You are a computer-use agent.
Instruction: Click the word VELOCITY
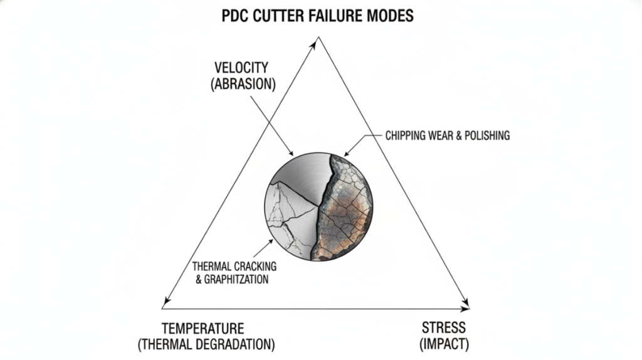241,68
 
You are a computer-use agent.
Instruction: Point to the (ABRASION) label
243,84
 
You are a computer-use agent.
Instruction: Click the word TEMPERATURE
203,329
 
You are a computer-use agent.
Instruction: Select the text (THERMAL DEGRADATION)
206,344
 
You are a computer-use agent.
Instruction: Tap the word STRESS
444,327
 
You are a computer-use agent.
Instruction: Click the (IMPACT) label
445,344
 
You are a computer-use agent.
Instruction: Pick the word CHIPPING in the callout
406,135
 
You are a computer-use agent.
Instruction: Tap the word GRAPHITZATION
236,280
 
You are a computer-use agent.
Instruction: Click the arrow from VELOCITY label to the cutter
272,126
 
